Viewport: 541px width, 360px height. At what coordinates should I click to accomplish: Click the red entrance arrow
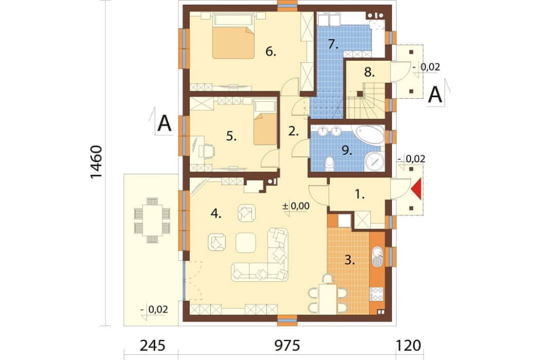point(417,189)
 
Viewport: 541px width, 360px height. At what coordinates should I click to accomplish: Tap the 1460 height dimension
point(97,162)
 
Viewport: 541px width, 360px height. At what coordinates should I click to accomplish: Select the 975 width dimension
point(287,345)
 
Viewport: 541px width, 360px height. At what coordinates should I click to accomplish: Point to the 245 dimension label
point(153,345)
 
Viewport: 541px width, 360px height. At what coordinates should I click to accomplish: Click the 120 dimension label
point(408,345)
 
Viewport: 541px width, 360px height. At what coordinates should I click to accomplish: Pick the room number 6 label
point(271,52)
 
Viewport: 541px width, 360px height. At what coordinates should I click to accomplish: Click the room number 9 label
point(347,150)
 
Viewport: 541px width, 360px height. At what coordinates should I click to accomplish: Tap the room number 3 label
point(350,260)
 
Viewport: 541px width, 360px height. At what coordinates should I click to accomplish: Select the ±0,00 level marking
point(296,206)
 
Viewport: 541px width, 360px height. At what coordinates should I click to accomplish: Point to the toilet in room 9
point(330,164)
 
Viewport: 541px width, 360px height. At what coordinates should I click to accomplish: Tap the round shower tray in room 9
point(375,161)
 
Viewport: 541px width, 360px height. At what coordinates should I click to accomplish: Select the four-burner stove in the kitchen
point(376,294)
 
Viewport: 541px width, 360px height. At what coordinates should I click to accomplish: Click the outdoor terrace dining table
point(152,220)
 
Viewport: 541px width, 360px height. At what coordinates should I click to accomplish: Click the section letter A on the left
point(164,124)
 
